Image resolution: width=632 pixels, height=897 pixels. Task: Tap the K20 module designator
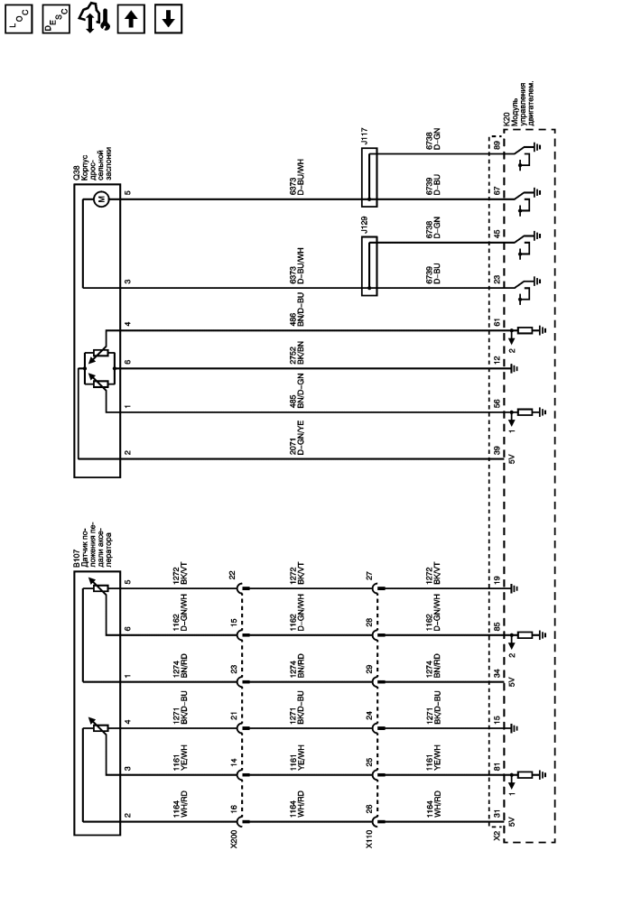click(x=506, y=118)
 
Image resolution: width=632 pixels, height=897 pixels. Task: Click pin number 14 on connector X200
click(x=234, y=763)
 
